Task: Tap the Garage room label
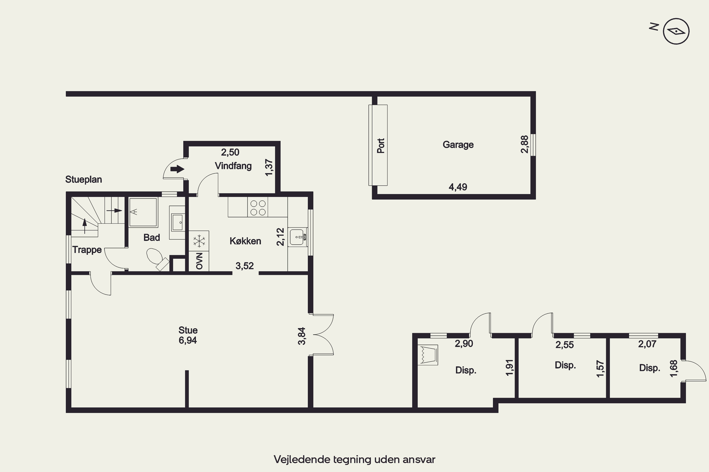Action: click(x=458, y=145)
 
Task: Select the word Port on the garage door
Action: click(x=381, y=146)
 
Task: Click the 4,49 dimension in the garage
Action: click(x=458, y=187)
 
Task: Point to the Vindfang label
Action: click(x=233, y=166)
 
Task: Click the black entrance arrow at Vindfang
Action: click(x=177, y=169)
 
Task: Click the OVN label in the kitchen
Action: click(x=199, y=261)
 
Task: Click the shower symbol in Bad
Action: click(x=143, y=212)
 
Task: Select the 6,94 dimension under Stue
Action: click(x=188, y=341)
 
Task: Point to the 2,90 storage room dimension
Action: click(x=464, y=343)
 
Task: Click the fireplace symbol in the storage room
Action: click(x=428, y=355)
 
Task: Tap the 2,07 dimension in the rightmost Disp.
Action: click(x=647, y=344)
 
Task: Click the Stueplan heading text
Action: click(x=83, y=179)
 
